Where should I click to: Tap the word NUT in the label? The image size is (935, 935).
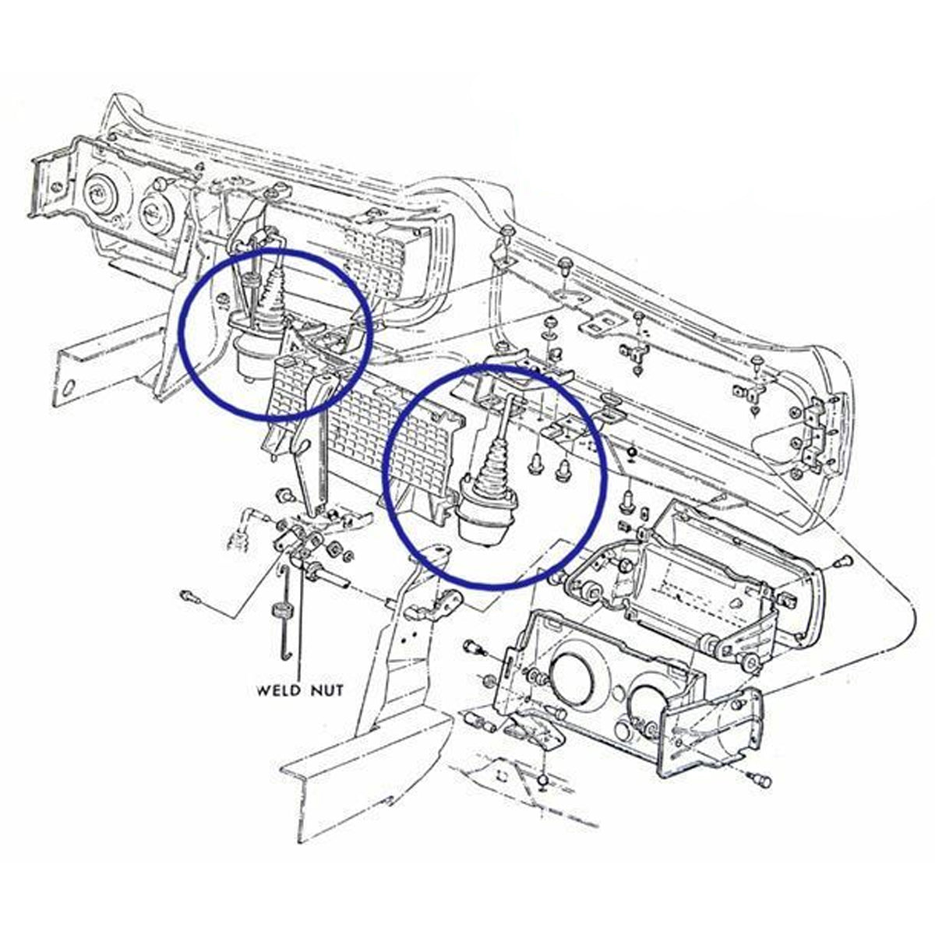tap(327, 690)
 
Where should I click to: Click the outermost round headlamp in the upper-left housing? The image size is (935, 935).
tap(100, 196)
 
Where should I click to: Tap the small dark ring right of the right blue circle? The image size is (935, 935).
tap(632, 453)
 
